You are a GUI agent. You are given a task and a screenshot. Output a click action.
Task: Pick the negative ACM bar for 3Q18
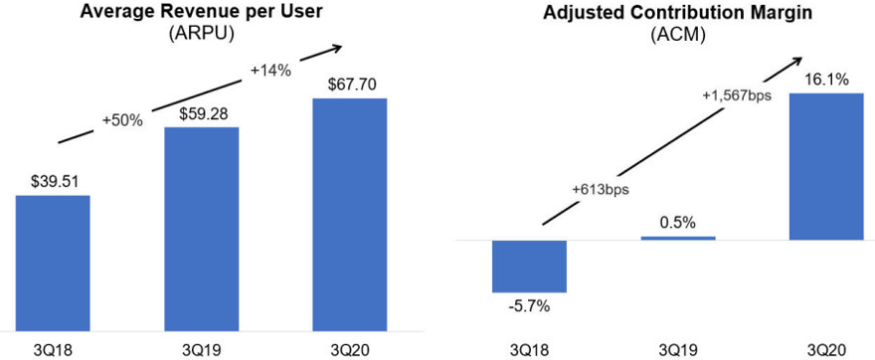coord(529,266)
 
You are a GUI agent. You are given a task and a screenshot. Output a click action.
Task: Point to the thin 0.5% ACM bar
coord(677,238)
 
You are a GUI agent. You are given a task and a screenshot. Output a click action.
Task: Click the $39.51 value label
coord(53,180)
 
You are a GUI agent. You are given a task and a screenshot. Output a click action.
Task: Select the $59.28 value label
coord(201,112)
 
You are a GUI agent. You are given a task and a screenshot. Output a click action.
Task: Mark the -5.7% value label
coord(529,306)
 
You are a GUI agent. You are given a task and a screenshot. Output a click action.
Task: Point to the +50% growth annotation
coord(122,118)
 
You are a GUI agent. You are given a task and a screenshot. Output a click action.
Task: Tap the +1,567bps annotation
coord(733,95)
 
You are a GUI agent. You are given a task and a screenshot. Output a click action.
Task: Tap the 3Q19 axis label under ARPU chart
coord(201,347)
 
